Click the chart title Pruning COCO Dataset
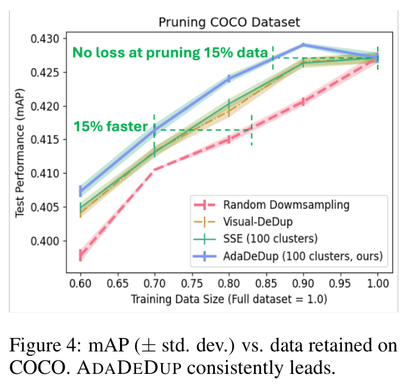[229, 22]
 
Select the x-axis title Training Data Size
[228, 299]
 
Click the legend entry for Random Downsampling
[286, 205]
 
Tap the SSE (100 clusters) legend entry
[268, 239]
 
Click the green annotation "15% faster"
[111, 126]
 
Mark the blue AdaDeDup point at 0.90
[303, 45]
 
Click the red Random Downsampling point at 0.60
[80, 255]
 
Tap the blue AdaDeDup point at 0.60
[80, 190]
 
